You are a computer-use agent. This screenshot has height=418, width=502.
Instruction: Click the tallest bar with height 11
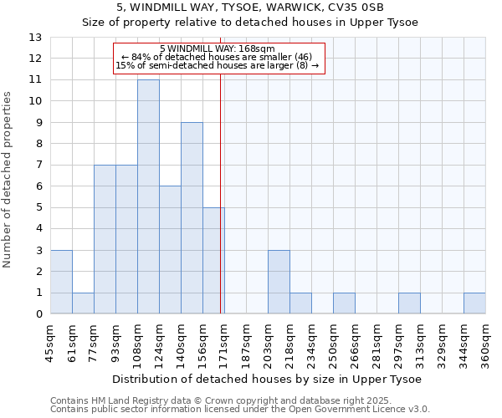pos(148,196)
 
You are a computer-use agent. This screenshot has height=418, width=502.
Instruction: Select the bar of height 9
pos(192,218)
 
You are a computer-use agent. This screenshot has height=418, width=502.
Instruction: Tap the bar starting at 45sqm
pos(61,282)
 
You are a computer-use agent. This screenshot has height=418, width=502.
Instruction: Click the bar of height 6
pos(170,250)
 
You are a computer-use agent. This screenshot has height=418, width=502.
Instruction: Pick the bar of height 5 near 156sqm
pos(213,261)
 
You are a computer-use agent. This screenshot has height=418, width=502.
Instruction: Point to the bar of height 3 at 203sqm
pos(279,282)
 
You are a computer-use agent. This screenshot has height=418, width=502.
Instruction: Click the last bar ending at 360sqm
pos(474,303)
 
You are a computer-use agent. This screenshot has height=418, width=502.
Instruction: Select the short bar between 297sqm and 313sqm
pos(409,303)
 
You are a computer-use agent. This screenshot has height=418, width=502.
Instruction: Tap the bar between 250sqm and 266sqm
pos(344,303)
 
